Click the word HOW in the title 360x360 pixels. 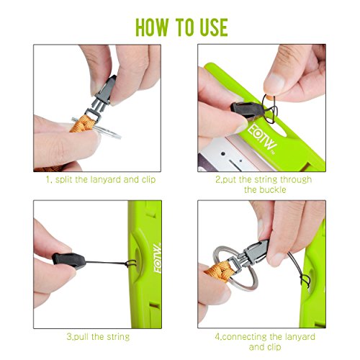click(152, 27)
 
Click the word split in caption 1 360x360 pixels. click(63, 180)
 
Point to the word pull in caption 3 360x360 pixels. click(81, 337)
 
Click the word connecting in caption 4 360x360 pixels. click(244, 337)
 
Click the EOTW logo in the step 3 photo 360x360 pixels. click(158, 258)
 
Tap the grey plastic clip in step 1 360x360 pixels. click(103, 97)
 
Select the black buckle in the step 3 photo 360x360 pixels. click(69, 261)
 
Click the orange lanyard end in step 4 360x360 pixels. click(218, 271)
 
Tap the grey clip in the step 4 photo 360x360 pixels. click(250, 254)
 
